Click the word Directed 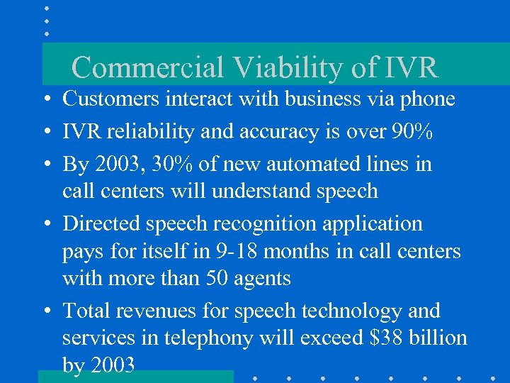coord(101,223)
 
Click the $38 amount coord(387,338)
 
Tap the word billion coord(439,338)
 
